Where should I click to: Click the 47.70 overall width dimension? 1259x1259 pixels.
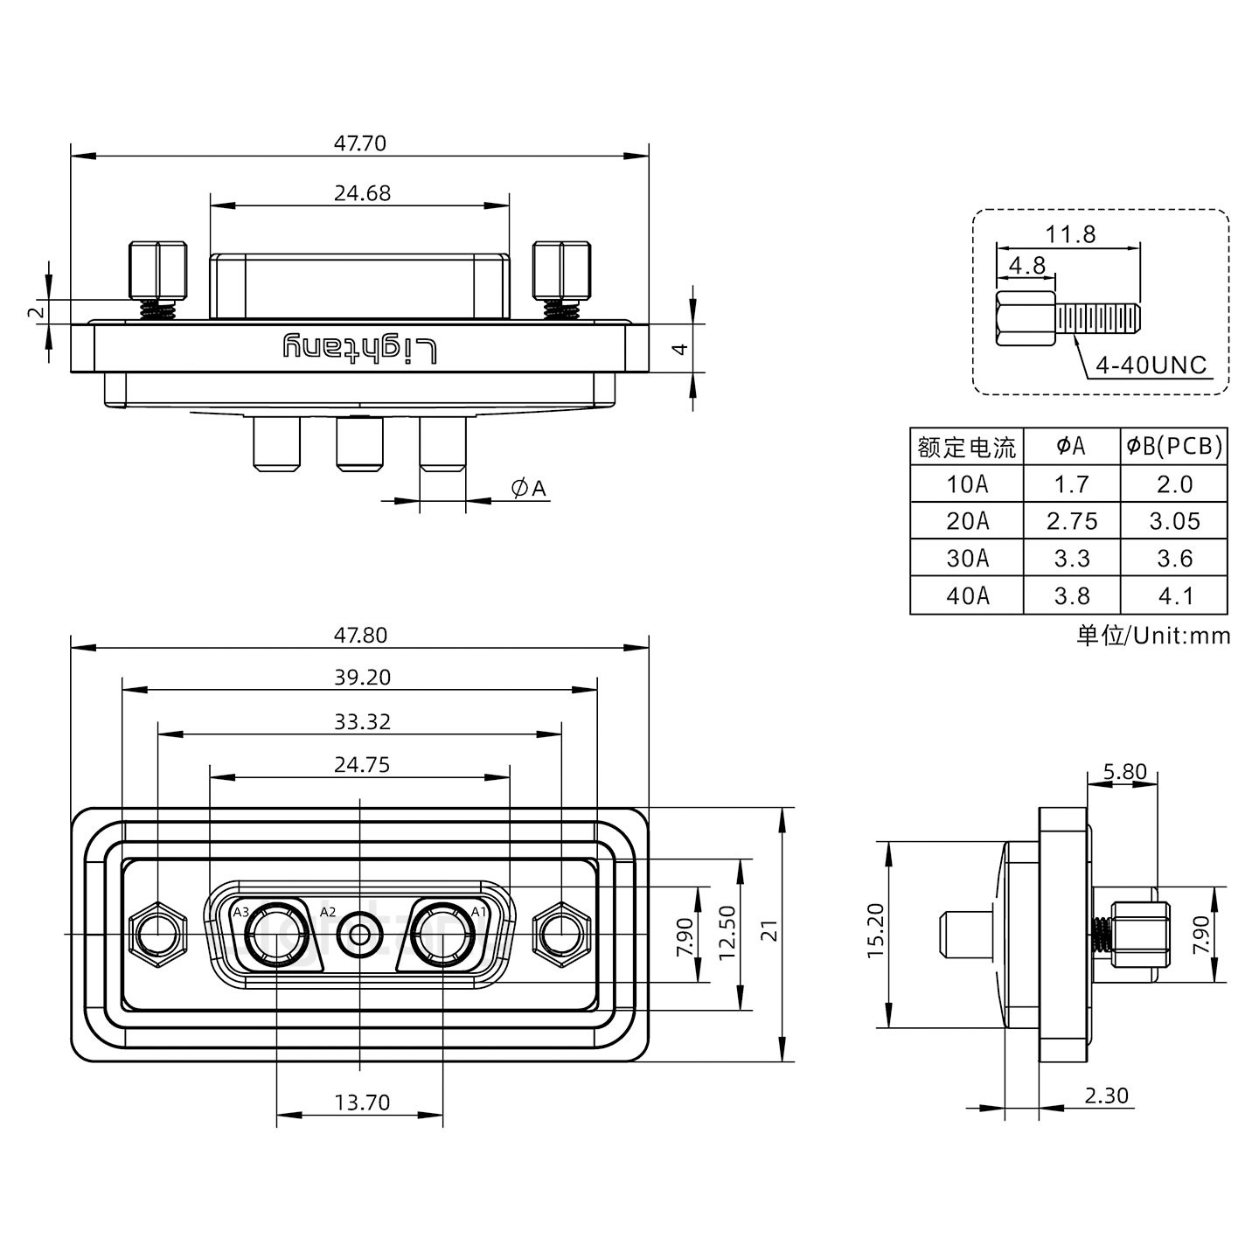(x=359, y=143)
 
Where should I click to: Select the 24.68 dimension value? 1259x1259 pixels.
(x=361, y=193)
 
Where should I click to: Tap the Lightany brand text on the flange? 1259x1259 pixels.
(x=359, y=348)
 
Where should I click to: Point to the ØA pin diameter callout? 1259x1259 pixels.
(x=528, y=488)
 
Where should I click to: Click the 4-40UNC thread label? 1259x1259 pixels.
(x=1150, y=365)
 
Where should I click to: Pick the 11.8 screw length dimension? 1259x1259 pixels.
(x=1069, y=234)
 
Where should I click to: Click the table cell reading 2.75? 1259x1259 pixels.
(x=1071, y=521)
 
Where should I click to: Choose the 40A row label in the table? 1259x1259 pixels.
(x=967, y=595)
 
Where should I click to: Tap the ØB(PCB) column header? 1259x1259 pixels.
(x=1173, y=446)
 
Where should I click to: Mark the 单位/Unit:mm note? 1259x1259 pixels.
(x=1152, y=635)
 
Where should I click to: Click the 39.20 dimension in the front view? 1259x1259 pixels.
(x=361, y=677)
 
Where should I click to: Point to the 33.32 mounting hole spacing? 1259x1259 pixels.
(x=361, y=721)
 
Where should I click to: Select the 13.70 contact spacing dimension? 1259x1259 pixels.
(x=361, y=1102)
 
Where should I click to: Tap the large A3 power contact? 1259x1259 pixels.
(x=277, y=935)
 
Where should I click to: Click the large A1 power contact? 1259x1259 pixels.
(x=442, y=935)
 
